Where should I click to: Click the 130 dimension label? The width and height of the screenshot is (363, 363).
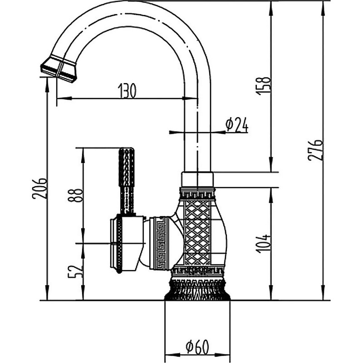[128, 91]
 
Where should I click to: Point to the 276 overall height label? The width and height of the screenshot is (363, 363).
[316, 150]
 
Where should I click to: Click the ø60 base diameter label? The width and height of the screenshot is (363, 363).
[197, 347]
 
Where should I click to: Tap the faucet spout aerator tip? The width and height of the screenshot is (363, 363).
[59, 68]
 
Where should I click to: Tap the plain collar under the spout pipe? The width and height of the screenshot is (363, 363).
[197, 179]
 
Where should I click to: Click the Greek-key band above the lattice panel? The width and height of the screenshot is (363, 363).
[197, 195]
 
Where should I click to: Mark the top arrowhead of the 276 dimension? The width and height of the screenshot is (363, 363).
[323, 5]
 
